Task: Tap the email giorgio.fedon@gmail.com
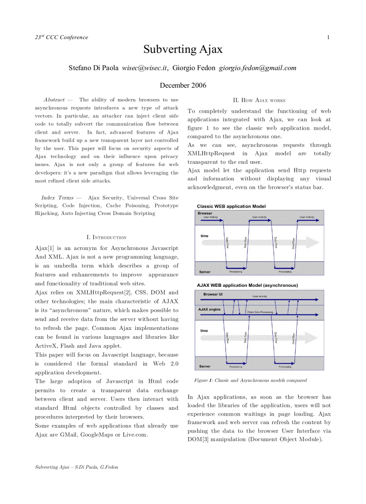257,68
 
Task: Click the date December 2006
183,85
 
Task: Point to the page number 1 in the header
328,37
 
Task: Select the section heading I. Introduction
106,237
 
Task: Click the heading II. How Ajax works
259,100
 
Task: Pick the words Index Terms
57,197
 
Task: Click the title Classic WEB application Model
231,206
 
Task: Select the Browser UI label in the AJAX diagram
213,294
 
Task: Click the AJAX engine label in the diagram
209,309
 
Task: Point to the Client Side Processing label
260,312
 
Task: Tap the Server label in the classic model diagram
205,272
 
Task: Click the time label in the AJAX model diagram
204,331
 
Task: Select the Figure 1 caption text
250,381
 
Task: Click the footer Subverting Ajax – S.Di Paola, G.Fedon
76,467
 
